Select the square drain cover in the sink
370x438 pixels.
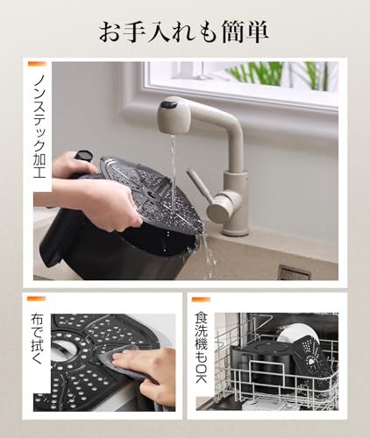(293, 272)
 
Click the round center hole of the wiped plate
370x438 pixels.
(61, 351)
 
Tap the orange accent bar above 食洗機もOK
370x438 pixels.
(201, 300)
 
